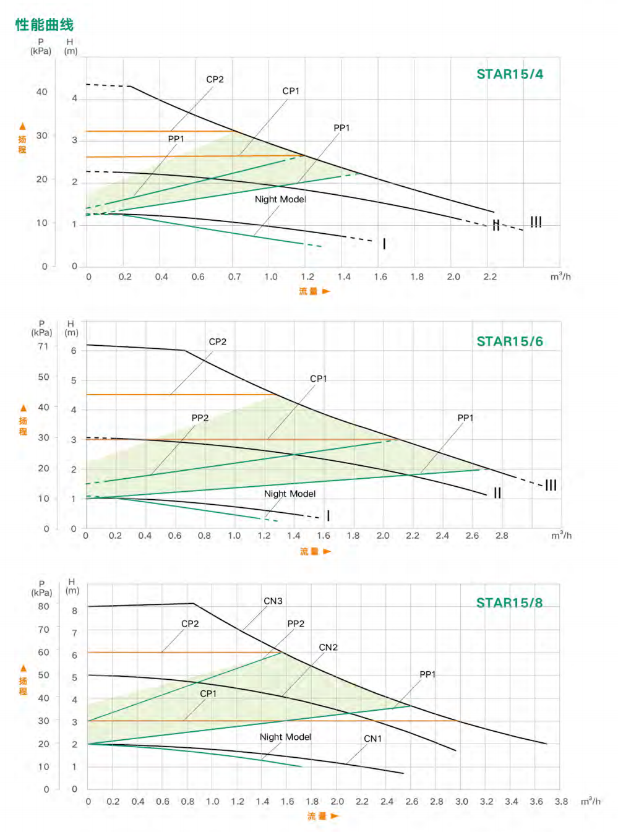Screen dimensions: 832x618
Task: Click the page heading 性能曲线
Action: [45, 25]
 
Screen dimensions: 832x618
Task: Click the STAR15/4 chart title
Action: [510, 74]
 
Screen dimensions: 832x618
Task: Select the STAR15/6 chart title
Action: [510, 341]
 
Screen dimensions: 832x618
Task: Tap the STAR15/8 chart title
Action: [509, 603]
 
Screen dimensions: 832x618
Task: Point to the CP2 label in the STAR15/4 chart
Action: [215, 80]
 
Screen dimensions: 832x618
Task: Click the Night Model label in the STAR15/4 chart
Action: [280, 199]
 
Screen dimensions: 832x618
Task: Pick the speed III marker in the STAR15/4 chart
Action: [536, 222]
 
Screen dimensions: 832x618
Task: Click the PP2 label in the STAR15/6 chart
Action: [200, 418]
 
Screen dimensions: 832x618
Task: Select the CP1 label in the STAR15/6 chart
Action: [319, 379]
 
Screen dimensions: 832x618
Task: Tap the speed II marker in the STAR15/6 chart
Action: [497, 493]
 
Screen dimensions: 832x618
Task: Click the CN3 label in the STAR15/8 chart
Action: [273, 601]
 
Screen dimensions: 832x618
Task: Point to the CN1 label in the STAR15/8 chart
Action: [372, 739]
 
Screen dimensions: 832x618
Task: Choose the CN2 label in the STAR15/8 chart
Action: [328, 648]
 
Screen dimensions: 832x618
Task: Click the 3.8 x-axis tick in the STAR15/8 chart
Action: [561, 802]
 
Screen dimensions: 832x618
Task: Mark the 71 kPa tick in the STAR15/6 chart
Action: [43, 346]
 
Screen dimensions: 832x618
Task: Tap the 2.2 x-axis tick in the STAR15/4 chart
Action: [490, 277]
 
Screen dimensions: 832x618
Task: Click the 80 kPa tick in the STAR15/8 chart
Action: [43, 607]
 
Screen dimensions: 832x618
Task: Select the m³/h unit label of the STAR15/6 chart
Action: [561, 536]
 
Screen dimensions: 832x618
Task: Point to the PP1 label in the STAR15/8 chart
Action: [427, 675]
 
